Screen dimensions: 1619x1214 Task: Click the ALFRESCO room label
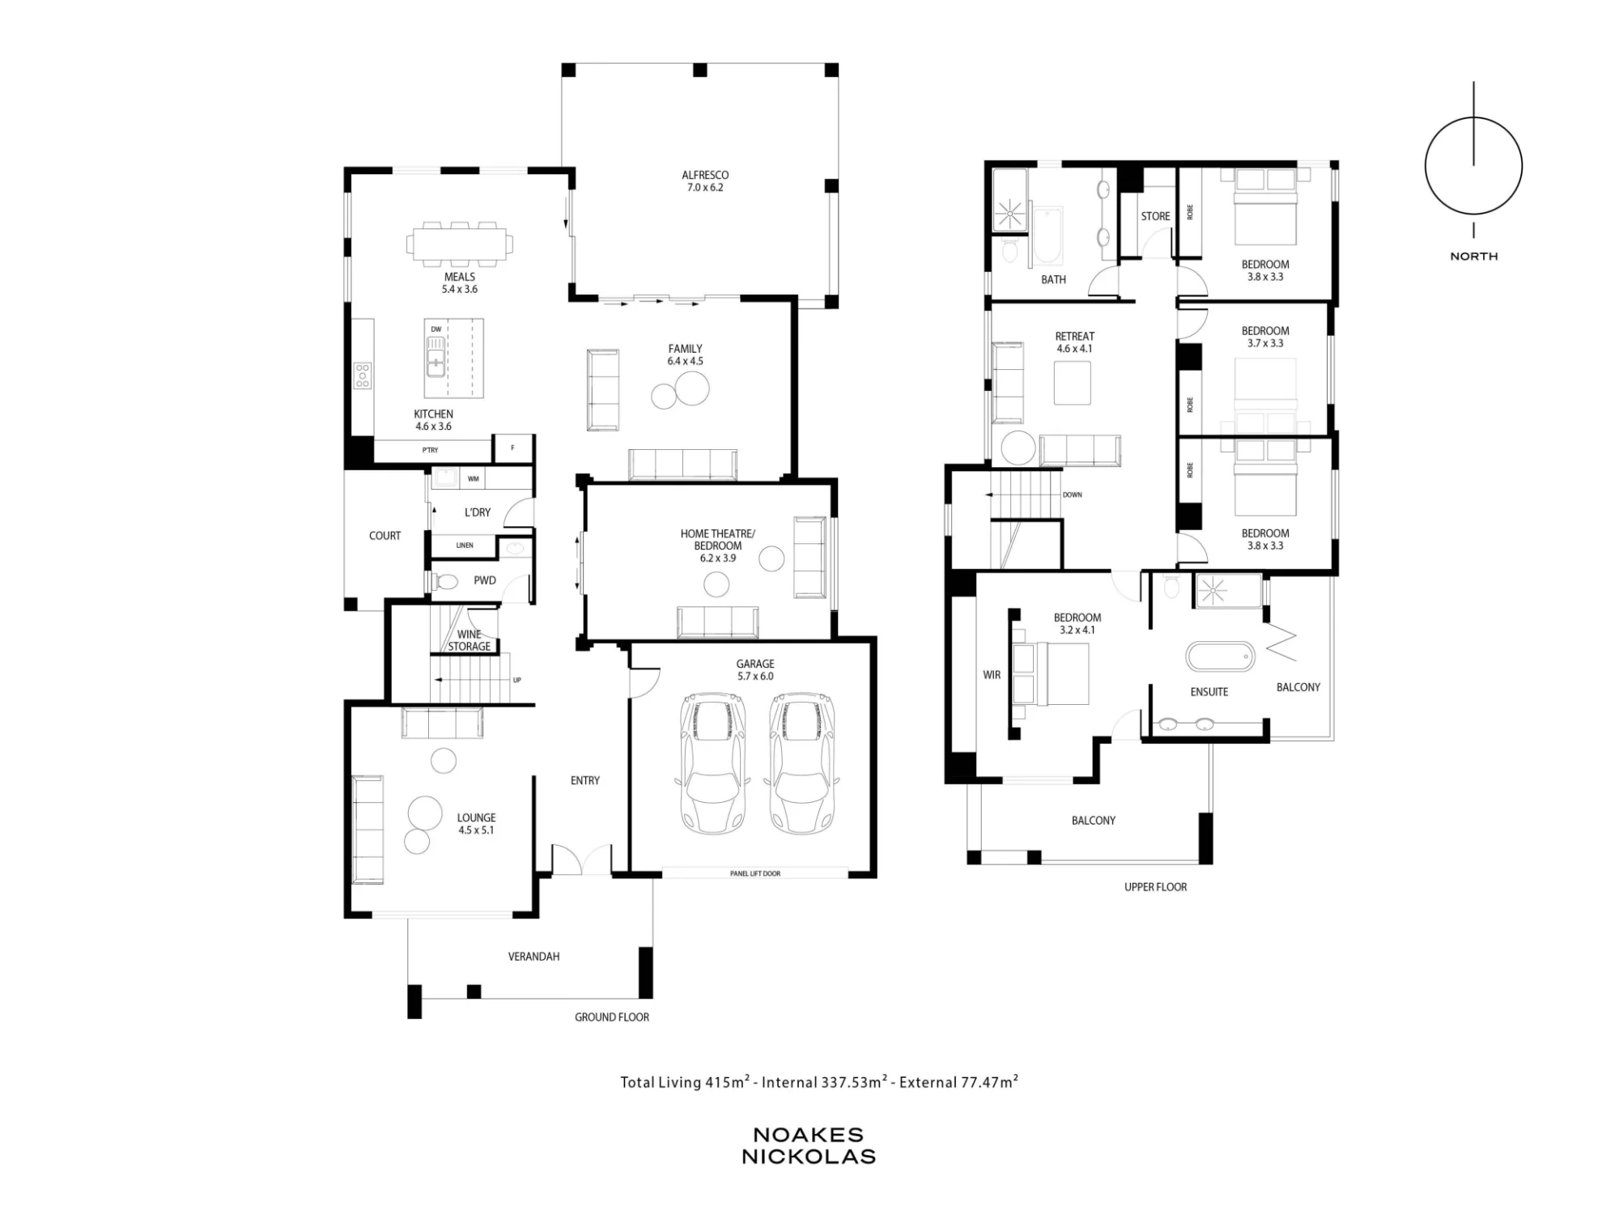[705, 175]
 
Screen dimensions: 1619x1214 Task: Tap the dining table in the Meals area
[460, 244]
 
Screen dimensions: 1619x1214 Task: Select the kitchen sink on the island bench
[436, 357]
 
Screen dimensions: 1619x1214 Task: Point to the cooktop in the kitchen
[363, 376]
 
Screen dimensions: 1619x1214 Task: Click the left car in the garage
[712, 763]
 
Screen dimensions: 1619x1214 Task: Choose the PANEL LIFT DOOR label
[755, 873]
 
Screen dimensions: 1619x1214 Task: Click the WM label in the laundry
[474, 479]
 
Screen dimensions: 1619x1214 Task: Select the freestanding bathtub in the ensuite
[1221, 656]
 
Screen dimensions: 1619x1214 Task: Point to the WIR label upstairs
[992, 675]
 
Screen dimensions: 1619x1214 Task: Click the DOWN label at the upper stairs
[1072, 495]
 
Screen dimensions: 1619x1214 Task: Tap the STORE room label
[1155, 216]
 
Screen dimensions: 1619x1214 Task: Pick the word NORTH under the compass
[1474, 257]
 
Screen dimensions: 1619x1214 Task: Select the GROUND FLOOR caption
[612, 1017]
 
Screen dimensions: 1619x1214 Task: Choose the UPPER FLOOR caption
[1156, 887]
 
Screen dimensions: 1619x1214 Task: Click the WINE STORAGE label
[470, 640]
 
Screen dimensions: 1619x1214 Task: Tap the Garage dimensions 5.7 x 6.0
[755, 677]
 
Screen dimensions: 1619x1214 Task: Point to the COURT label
[385, 536]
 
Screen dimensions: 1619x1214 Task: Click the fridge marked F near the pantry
[512, 448]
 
